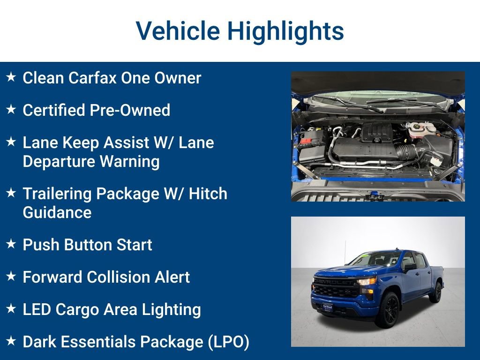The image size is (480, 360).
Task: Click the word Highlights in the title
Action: point(285,31)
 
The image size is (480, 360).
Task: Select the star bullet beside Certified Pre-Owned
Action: point(12,110)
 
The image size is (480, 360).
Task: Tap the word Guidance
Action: point(57,212)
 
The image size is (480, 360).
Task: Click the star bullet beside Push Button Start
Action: point(12,244)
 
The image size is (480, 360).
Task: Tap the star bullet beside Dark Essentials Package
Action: point(12,341)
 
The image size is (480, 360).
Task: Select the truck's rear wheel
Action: point(436,292)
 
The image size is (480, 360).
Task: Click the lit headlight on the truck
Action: point(367,281)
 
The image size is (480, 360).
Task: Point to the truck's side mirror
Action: point(409,267)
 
